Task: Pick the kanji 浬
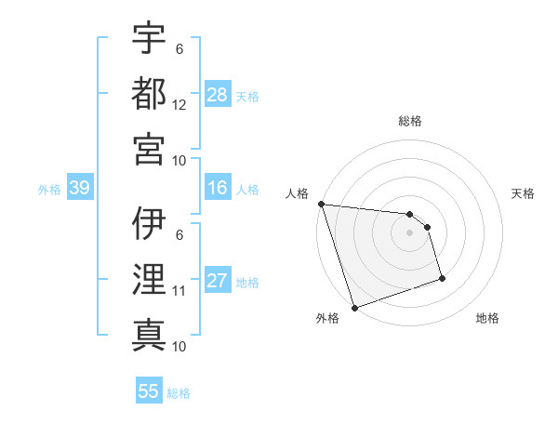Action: point(149,280)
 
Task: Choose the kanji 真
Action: point(149,335)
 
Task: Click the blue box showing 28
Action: point(218,95)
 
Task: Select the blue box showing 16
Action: point(218,189)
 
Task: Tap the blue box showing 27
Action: point(218,282)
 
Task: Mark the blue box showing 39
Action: point(79,189)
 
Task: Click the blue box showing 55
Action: point(149,391)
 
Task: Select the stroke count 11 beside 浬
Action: point(179,291)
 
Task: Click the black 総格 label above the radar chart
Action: point(410,121)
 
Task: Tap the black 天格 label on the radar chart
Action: point(523,193)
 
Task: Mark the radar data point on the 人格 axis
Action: point(321,204)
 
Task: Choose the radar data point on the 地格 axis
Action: point(442,278)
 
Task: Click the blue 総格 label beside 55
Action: point(179,393)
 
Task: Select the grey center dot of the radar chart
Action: point(410,232)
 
